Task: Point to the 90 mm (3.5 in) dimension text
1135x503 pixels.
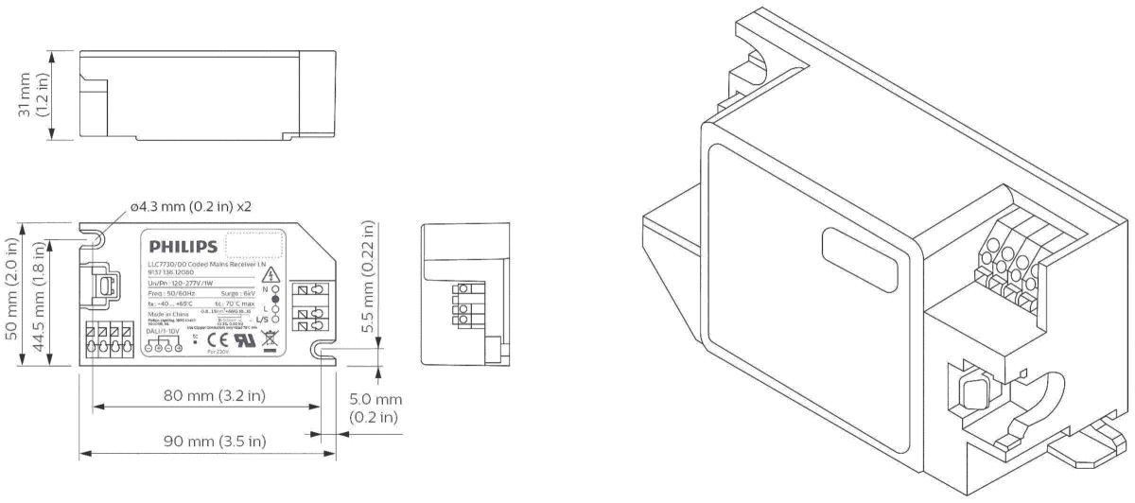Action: click(206, 442)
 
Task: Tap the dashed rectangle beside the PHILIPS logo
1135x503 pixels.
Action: click(254, 245)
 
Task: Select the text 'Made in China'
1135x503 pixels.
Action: click(165, 314)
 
